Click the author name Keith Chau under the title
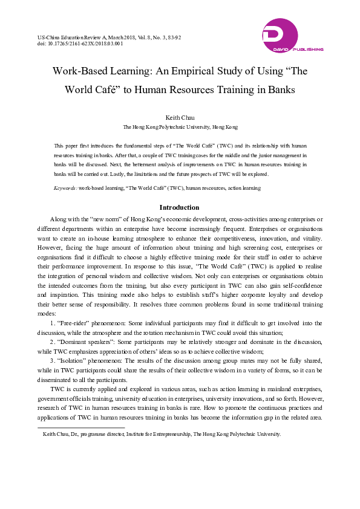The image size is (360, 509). pos(180,117)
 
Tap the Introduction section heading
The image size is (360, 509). pos(180,207)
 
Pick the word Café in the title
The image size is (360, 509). pos(109,90)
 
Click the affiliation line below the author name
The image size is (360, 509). pos(180,128)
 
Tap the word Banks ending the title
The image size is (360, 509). pos(278,90)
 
